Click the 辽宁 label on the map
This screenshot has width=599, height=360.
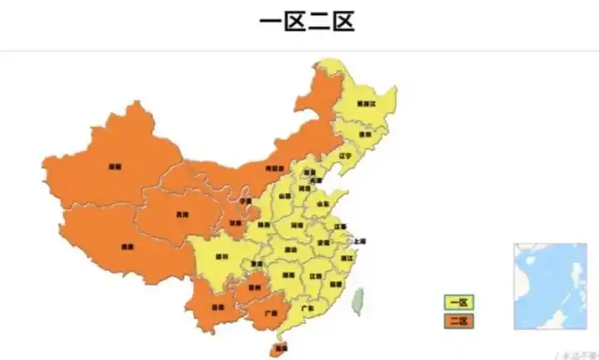(x=346, y=155)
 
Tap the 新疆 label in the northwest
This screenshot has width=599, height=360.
(x=113, y=166)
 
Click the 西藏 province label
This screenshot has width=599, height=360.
(x=126, y=246)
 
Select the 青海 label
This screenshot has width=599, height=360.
(x=181, y=214)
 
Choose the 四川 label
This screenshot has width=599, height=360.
(x=221, y=256)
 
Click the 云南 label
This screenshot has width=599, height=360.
(x=217, y=307)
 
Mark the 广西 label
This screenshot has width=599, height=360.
(x=269, y=314)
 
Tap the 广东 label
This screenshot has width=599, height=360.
(x=307, y=308)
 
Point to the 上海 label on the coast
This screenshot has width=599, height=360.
(x=359, y=241)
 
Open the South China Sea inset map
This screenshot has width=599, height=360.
(x=550, y=286)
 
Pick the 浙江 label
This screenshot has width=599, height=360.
(x=347, y=259)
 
